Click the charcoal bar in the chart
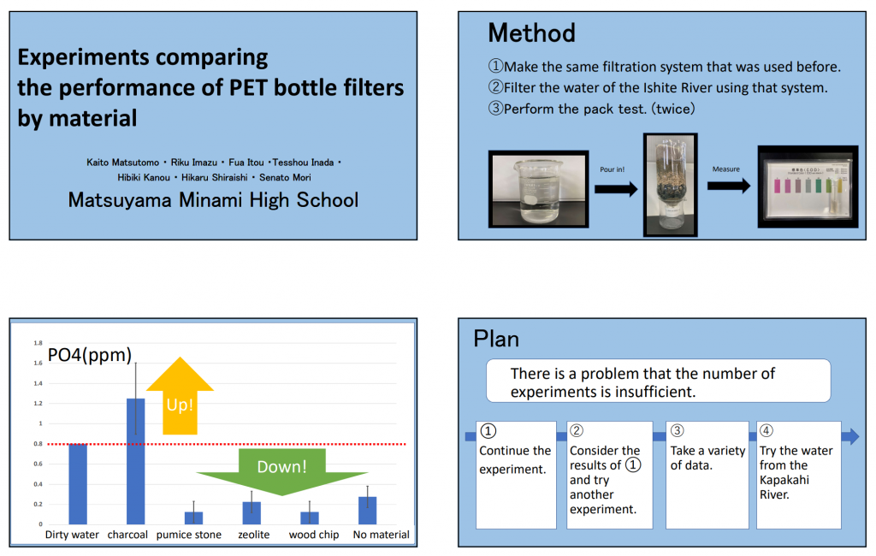(x=136, y=461)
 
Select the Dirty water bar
(x=78, y=484)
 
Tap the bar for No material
(x=368, y=510)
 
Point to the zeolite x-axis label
(x=253, y=535)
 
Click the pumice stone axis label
(x=189, y=535)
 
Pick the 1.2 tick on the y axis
(x=38, y=404)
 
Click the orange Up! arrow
(x=180, y=396)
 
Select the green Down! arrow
(x=281, y=471)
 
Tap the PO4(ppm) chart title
(x=90, y=355)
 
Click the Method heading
(x=531, y=33)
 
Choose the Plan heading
(x=496, y=340)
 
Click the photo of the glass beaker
(x=539, y=189)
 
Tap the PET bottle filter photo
(x=671, y=185)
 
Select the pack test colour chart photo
(x=808, y=186)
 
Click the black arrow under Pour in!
(x=616, y=189)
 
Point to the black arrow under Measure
(x=729, y=186)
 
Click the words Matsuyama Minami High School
(x=213, y=200)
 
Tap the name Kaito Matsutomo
(x=123, y=163)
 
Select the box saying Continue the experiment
(x=516, y=475)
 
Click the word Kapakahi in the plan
(x=784, y=480)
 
